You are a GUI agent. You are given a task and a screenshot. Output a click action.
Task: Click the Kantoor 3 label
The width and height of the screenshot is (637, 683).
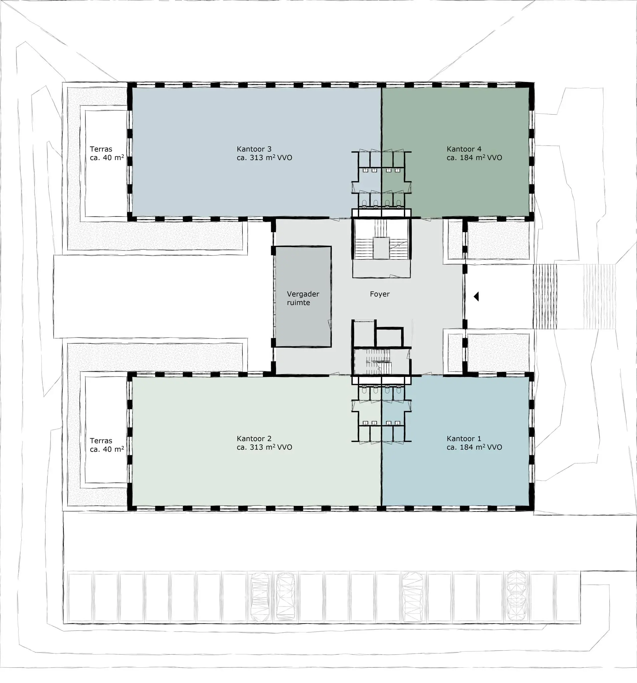[x=254, y=149]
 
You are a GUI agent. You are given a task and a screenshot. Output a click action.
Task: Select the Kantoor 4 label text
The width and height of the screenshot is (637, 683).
[x=464, y=149]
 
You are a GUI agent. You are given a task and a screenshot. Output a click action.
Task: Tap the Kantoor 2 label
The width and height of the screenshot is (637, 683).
[x=254, y=439]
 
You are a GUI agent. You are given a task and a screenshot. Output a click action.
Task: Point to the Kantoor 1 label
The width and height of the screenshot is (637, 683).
[x=464, y=439]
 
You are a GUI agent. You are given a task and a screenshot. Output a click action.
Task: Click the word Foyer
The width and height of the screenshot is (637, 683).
[x=380, y=294]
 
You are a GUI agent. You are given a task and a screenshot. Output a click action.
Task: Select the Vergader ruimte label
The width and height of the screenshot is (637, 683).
[x=303, y=298]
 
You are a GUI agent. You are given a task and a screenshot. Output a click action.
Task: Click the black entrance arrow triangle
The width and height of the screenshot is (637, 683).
[x=476, y=296]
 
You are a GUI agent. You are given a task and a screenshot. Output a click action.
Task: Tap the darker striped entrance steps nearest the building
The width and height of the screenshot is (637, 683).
[x=545, y=296]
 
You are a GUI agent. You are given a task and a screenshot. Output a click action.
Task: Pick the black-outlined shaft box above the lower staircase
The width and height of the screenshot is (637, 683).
[x=389, y=337]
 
